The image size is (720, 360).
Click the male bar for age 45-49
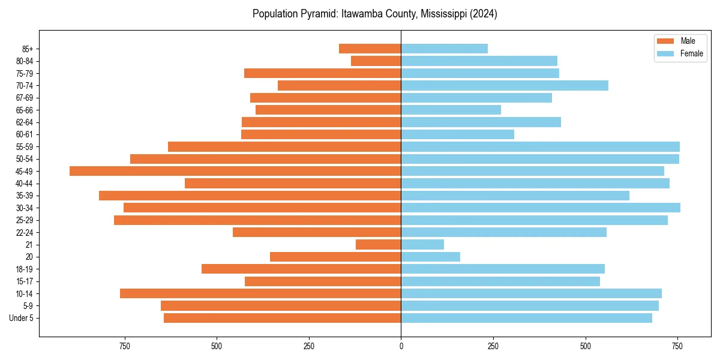point(235,171)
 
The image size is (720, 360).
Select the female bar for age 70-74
point(505,85)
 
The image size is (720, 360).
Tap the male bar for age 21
point(378,244)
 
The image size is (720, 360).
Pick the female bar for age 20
point(430,257)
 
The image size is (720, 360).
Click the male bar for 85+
point(370,49)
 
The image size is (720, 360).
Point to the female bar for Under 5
point(526,318)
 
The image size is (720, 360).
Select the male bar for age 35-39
point(250,196)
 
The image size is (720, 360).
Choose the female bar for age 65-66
point(451,110)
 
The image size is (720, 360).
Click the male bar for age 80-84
point(376,61)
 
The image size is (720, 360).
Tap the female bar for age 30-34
point(541,208)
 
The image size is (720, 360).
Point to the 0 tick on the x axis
point(401,347)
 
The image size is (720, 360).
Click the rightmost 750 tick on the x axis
point(677,347)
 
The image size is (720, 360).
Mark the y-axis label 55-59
point(25,147)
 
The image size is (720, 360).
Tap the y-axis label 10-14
point(25,294)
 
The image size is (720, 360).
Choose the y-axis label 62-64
point(25,122)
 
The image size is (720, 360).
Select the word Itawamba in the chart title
point(361,14)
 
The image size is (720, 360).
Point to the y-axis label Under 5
point(22,318)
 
